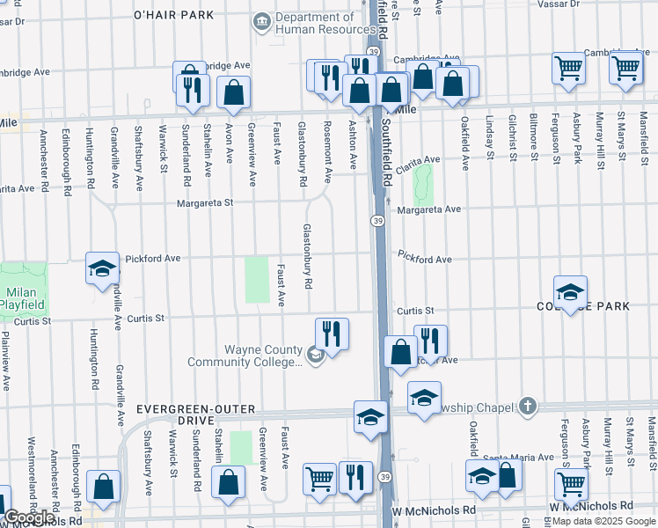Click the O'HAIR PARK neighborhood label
coord(173,15)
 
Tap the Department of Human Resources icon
coord(261,21)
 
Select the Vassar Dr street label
coord(623,4)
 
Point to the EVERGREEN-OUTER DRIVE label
coord(195,410)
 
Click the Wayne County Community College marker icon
coord(316,356)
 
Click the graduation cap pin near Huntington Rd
coord(102,268)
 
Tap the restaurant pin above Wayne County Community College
coord(332,333)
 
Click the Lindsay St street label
coord(487,141)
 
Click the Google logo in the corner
coord(29,517)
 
